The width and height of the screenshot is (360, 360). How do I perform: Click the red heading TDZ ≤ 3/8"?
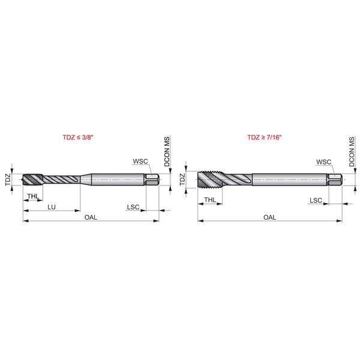click(78, 137)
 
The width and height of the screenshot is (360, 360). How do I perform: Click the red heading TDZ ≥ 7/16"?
click(264, 137)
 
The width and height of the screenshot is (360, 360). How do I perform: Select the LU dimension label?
click(52, 207)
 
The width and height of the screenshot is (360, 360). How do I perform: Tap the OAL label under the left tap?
click(91, 217)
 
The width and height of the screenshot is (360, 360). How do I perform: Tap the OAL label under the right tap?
click(270, 217)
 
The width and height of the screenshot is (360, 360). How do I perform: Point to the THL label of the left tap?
click(33, 196)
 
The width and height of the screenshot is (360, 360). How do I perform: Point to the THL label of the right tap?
click(210, 200)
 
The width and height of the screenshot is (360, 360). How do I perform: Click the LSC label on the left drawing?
click(133, 207)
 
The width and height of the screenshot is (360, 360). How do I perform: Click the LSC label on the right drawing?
click(316, 200)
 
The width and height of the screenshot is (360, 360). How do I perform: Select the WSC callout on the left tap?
click(140, 161)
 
